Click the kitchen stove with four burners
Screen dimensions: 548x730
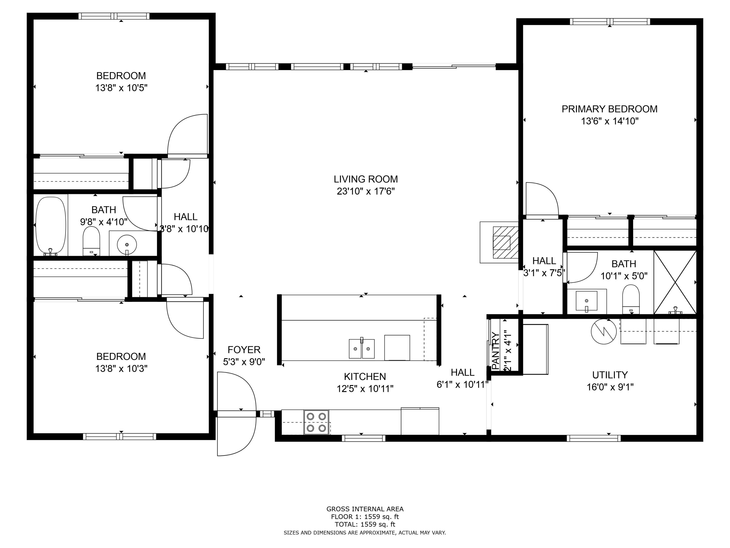[316, 422]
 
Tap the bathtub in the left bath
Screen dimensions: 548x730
[51, 226]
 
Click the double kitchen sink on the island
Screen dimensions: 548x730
[361, 349]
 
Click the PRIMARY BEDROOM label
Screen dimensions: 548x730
[609, 109]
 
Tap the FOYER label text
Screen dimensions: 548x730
[244, 350]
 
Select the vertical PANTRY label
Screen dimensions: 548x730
[496, 350]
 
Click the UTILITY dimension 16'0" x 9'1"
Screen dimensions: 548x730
[610, 387]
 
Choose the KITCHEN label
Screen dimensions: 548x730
[365, 377]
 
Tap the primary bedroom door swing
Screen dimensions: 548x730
[541, 200]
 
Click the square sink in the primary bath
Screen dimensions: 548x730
[586, 301]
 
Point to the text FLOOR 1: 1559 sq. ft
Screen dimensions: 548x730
[365, 517]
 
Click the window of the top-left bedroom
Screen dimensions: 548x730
[114, 16]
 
